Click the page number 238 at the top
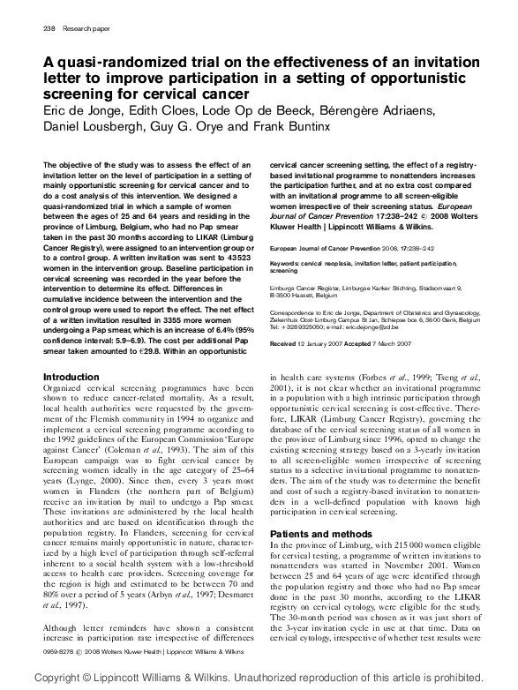[x=49, y=28]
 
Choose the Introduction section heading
[x=71, y=377]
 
